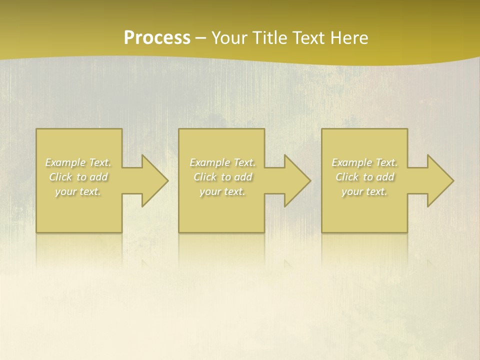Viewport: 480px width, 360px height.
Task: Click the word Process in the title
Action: pos(157,38)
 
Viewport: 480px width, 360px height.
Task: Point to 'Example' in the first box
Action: pos(65,162)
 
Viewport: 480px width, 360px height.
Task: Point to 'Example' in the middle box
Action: pos(209,162)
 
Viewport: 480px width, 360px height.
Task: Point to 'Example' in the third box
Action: pos(351,162)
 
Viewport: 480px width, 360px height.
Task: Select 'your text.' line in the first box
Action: pos(78,191)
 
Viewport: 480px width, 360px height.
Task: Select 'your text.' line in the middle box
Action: pos(222,191)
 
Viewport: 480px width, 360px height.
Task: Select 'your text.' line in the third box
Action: pos(364,191)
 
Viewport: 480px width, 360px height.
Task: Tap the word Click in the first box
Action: pos(60,177)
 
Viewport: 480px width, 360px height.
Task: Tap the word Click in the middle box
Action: pos(205,177)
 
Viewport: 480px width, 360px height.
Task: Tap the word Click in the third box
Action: pos(347,177)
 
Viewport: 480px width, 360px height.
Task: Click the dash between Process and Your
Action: pos(200,38)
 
